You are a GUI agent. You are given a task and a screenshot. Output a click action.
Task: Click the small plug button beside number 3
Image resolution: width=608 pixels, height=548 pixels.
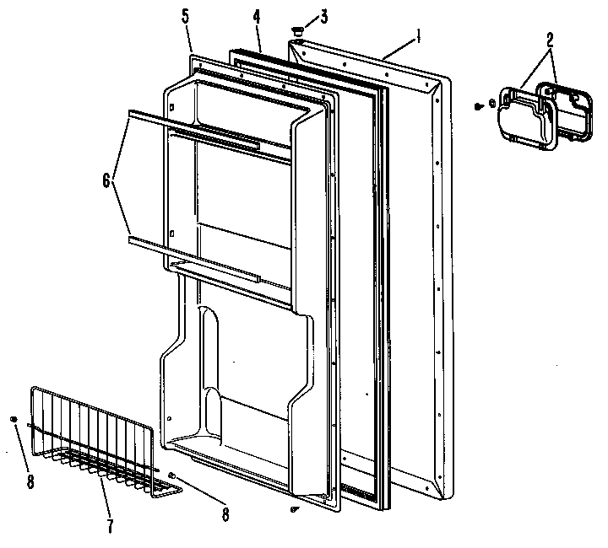pos(296,31)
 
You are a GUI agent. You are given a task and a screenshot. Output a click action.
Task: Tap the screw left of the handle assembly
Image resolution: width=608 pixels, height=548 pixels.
pos(479,106)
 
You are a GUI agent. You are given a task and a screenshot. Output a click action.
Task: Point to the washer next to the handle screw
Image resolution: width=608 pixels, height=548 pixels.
pos(492,105)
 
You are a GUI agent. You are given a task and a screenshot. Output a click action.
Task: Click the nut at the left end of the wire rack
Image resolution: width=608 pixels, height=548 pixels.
pos(15,419)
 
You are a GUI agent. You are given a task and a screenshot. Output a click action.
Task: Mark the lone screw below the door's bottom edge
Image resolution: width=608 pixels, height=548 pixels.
pos(293,509)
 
